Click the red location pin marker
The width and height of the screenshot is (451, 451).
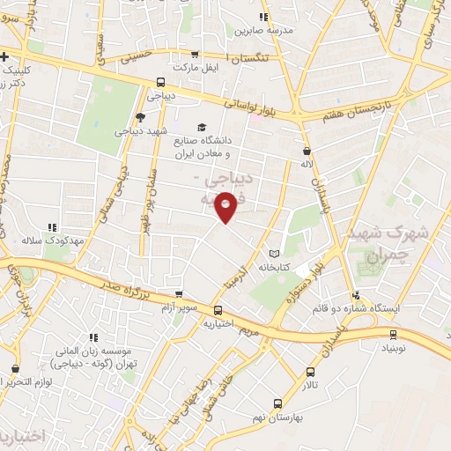(x=226, y=206)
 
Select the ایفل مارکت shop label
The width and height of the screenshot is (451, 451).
(x=194, y=67)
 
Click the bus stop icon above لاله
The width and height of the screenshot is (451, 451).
(x=306, y=151)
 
